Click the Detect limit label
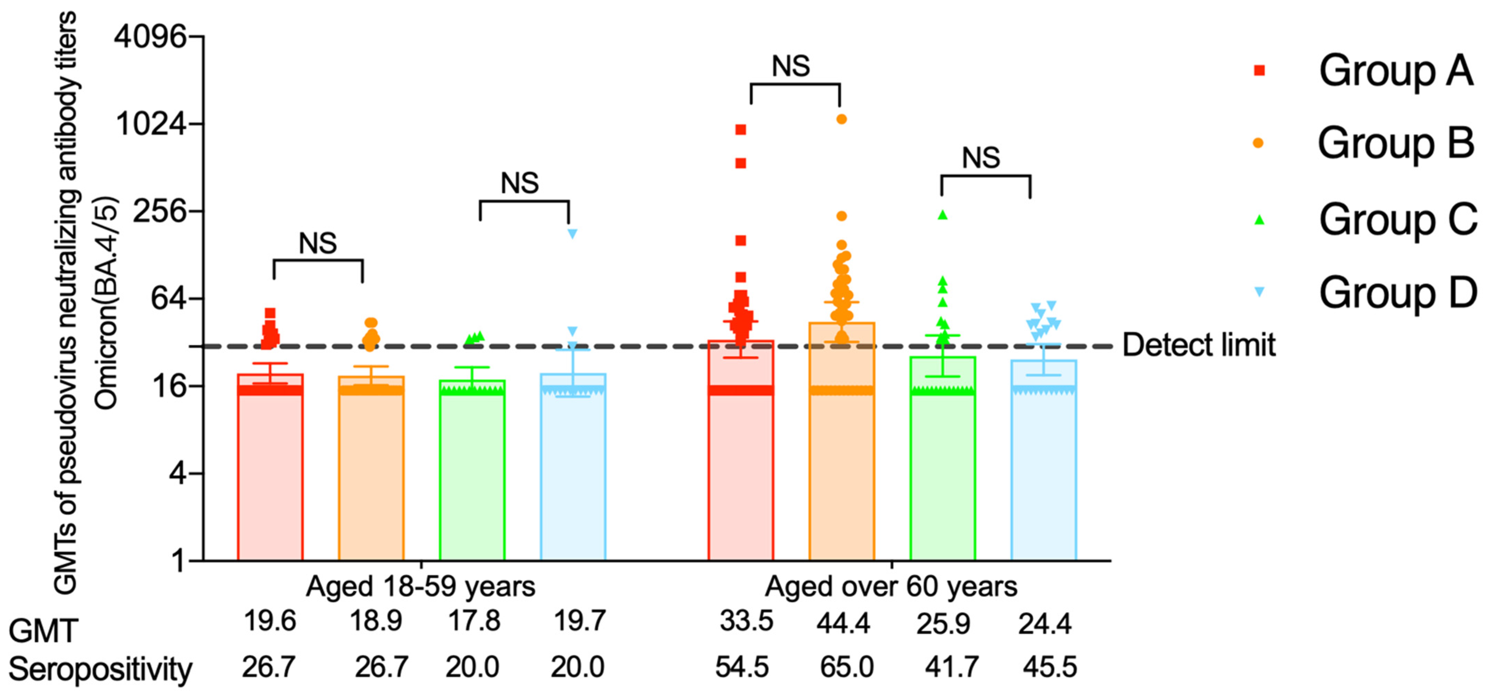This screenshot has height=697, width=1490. [x=1198, y=345]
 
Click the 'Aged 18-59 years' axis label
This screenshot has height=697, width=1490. [x=420, y=587]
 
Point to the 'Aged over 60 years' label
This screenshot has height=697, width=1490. [x=891, y=587]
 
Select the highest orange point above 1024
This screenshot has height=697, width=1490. [x=841, y=119]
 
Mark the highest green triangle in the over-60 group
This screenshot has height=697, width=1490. [x=943, y=215]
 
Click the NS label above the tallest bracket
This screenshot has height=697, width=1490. [x=791, y=67]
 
